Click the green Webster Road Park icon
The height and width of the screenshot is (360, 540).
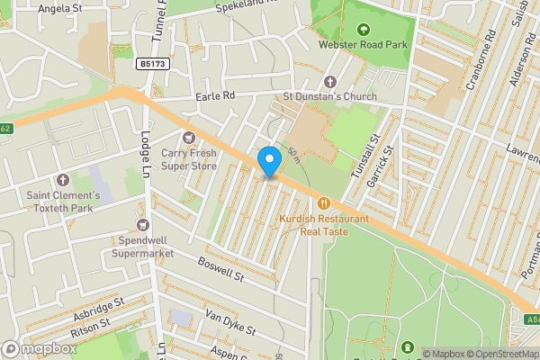[x=364, y=28]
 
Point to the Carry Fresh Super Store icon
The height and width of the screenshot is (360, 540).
[x=188, y=137]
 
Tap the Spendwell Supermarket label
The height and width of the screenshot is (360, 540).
[x=142, y=247]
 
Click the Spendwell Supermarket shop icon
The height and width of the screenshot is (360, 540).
[x=141, y=223]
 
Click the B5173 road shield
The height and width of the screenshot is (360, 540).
[x=154, y=65]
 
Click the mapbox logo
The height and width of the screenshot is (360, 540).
[x=40, y=348]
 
